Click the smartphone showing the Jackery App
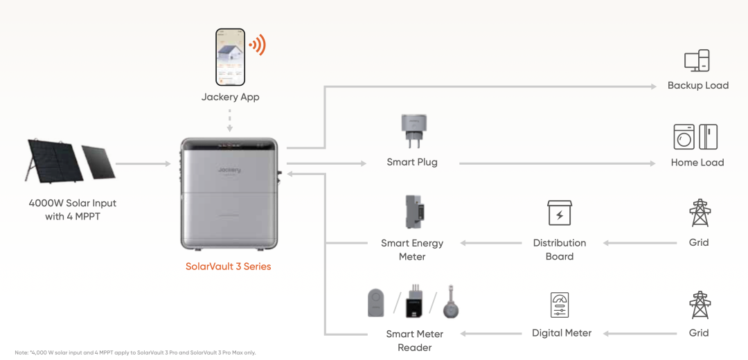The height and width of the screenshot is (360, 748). (x=231, y=57)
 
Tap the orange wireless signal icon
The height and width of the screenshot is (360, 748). (x=257, y=45)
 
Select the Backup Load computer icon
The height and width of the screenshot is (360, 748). (x=697, y=61)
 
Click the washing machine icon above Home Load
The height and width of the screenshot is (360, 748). (x=684, y=137)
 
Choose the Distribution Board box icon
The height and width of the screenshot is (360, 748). (x=560, y=213)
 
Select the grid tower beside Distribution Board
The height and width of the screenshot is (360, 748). (x=700, y=213)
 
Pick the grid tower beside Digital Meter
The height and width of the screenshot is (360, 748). (x=700, y=305)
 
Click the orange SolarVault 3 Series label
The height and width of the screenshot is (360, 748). (x=229, y=267)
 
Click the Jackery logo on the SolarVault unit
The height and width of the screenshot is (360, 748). (x=229, y=170)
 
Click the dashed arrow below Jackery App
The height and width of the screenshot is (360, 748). (x=230, y=120)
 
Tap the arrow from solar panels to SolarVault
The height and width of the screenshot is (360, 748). (x=143, y=164)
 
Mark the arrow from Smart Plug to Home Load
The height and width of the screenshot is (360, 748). (x=557, y=163)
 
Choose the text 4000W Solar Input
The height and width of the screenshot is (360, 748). (x=73, y=203)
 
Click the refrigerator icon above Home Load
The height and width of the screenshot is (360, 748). (x=709, y=137)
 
